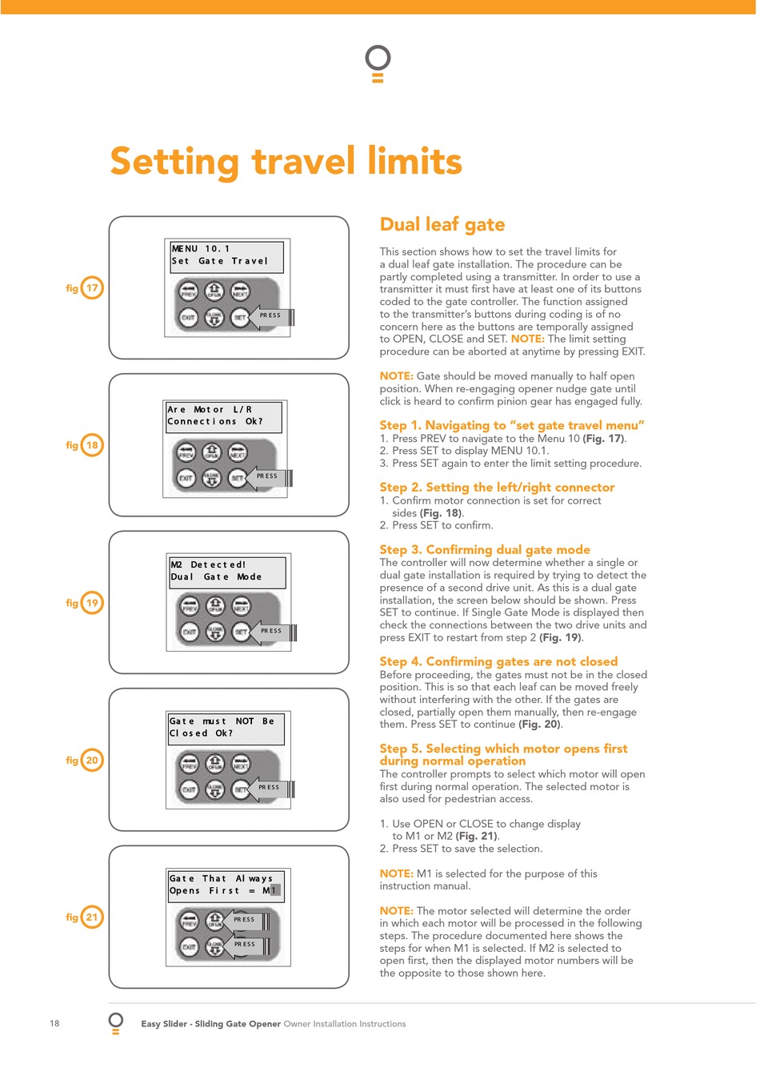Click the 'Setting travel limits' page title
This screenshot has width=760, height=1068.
[286, 161]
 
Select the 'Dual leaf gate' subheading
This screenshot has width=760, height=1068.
[442, 224]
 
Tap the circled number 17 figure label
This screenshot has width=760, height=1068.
[92, 287]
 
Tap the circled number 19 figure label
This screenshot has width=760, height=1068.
[92, 603]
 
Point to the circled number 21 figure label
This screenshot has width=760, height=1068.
[92, 917]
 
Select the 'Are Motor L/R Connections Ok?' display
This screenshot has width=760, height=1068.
[224, 416]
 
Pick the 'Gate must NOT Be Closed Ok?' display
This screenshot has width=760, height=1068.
[226, 728]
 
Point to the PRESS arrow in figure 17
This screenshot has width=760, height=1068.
[270, 316]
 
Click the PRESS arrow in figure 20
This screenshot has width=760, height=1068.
[269, 788]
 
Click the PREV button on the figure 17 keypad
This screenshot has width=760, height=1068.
[189, 291]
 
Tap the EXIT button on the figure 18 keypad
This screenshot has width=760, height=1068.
[186, 478]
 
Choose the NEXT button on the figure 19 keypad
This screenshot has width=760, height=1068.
[242, 606]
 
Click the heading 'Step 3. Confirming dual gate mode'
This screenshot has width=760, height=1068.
[484, 549]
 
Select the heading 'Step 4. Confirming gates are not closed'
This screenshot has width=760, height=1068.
[498, 661]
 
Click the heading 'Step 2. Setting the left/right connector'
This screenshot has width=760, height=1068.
[497, 487]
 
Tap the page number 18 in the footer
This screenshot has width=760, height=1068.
[54, 1023]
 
